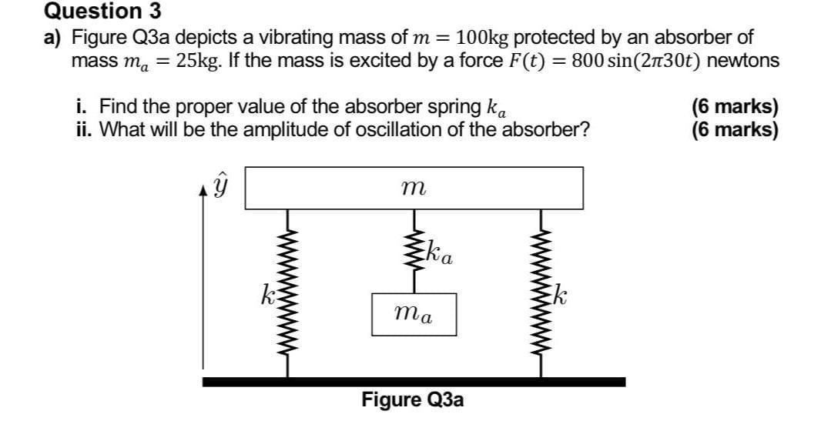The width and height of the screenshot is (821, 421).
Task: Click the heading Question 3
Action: click(93, 12)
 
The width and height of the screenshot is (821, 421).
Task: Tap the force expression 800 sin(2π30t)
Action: click(635, 60)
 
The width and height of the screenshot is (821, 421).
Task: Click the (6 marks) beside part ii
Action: click(736, 129)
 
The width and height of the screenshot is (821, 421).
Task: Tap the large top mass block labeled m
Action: click(414, 188)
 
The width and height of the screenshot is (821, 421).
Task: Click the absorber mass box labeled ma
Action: click(414, 314)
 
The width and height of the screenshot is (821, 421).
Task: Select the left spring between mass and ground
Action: click(289, 293)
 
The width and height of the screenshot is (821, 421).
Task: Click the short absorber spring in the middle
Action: click(414, 251)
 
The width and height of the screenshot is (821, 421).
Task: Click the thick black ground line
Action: click(414, 381)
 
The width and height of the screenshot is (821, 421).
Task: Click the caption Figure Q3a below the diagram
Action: click(413, 401)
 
